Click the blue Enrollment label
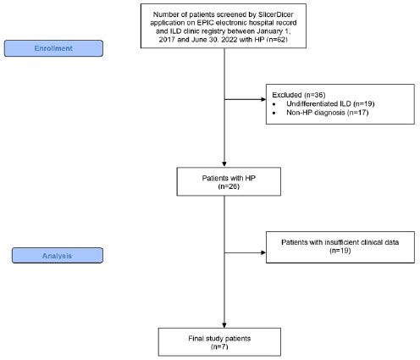click(x=53, y=48)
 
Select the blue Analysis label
click(x=58, y=256)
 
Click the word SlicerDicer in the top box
click(x=276, y=14)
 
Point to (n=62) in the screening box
click(x=277, y=39)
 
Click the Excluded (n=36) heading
click(x=299, y=95)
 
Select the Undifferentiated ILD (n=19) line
click(x=330, y=103)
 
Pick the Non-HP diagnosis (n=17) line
click(x=328, y=113)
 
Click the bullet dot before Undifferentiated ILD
click(x=274, y=104)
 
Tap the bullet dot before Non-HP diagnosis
click(x=274, y=113)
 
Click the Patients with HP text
click(x=229, y=178)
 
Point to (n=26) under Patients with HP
click(x=229, y=186)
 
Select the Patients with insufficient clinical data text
click(x=340, y=242)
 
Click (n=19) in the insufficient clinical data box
click(x=340, y=251)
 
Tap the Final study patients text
click(x=219, y=338)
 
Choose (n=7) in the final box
click(x=219, y=346)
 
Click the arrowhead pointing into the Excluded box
click(x=263, y=99)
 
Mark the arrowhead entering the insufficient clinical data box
click(x=263, y=252)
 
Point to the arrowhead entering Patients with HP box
click(x=224, y=164)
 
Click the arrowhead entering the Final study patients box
click(x=224, y=325)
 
